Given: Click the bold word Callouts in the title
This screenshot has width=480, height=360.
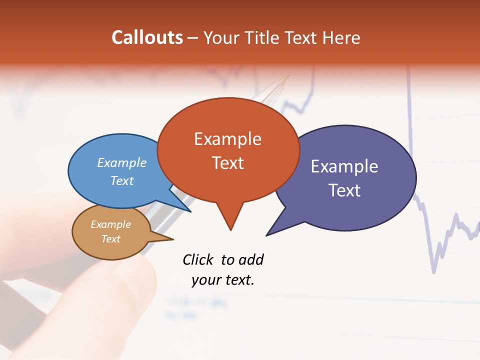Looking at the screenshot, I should click(x=147, y=37).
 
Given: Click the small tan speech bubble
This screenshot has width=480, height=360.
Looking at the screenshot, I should click(x=111, y=231).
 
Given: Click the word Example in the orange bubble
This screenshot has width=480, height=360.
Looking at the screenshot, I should click(x=228, y=139).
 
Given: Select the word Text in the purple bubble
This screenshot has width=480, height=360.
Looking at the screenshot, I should click(x=344, y=190).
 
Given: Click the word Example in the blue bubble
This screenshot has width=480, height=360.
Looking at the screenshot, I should click(x=122, y=162).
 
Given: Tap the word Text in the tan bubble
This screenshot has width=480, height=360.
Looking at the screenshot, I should click(x=111, y=239).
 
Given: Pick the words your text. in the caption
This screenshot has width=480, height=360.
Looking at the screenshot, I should click(x=223, y=280).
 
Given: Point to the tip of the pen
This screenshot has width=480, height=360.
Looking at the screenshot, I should click(x=288, y=76).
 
